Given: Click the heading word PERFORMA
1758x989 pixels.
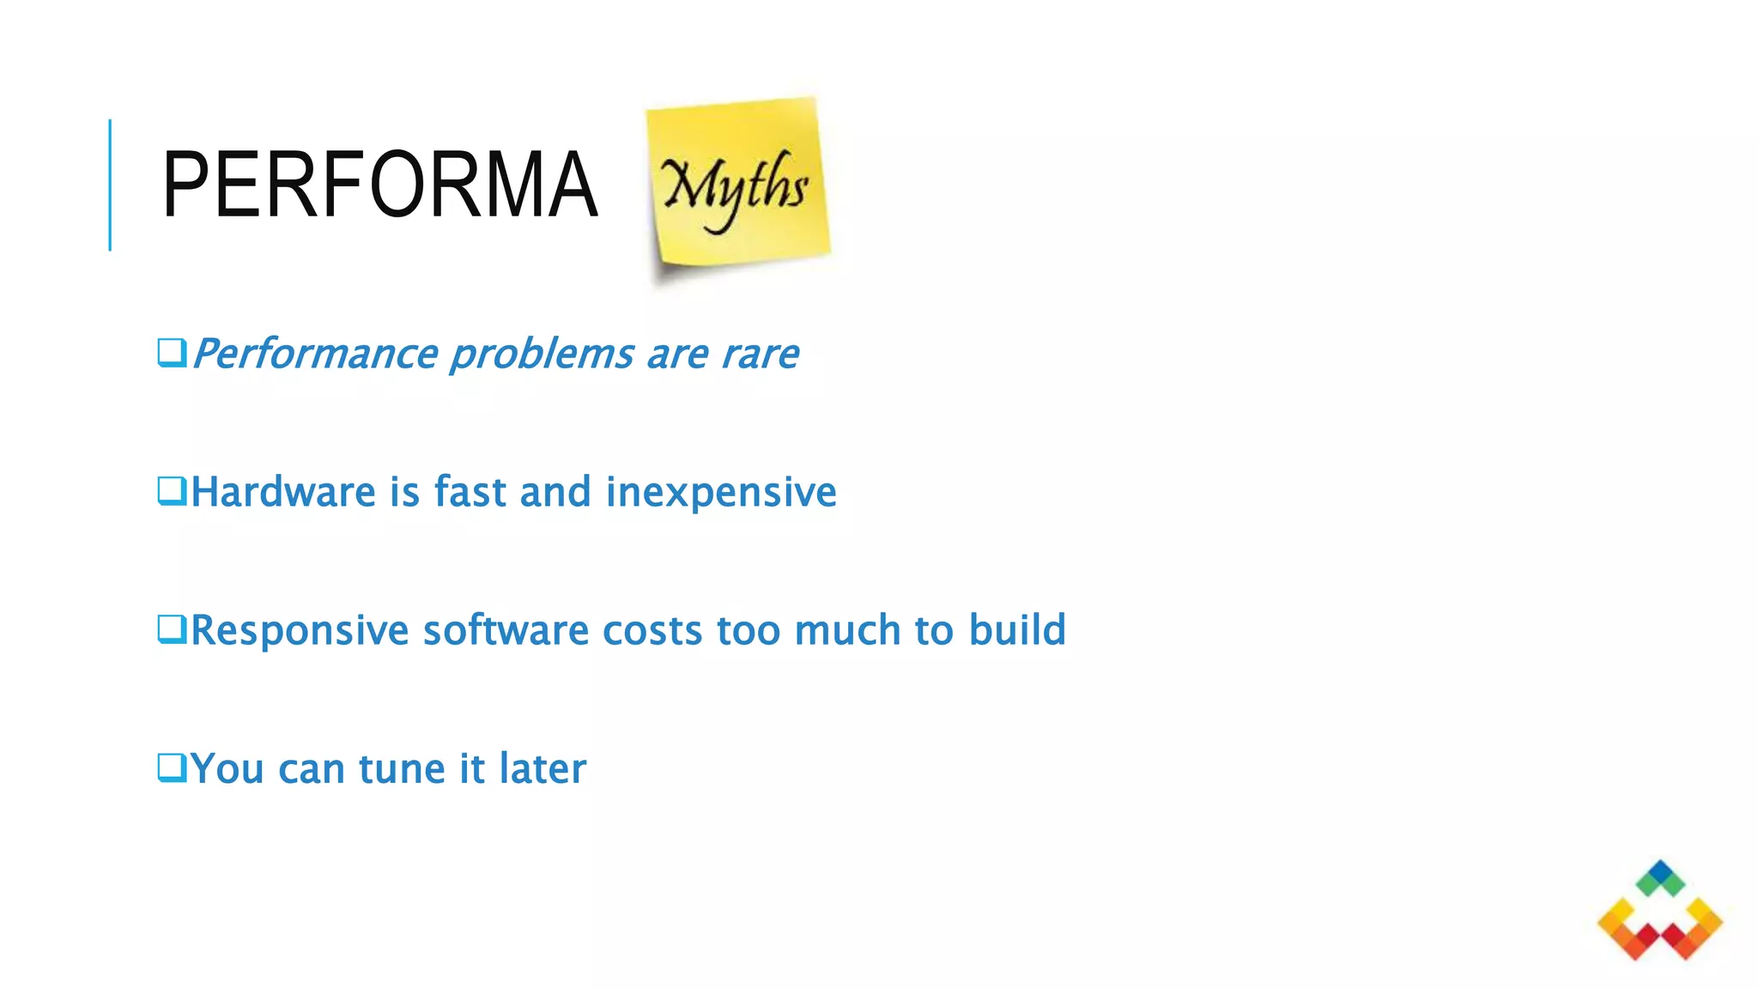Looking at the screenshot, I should tap(379, 185).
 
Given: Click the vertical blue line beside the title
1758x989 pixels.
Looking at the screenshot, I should tap(110, 185).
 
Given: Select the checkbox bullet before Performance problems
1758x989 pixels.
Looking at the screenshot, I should tap(172, 353).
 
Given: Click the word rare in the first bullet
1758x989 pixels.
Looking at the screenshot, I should tap(760, 355).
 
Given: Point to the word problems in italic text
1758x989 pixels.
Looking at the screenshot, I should tap(542, 355).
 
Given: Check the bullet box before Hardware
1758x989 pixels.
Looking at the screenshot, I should tap(172, 492).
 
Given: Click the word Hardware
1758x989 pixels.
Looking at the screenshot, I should tap(282, 492).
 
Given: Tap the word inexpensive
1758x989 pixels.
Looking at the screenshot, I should tap(720, 493).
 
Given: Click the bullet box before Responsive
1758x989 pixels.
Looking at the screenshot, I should tap(172, 629).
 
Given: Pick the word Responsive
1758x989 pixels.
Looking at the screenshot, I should tap(299, 631).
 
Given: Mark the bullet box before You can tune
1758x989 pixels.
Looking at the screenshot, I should tap(172, 768).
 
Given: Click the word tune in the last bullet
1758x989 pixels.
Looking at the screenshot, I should tap(401, 769).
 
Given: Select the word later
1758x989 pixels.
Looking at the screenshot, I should tap(543, 768).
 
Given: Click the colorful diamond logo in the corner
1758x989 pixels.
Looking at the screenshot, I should tap(1659, 912).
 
